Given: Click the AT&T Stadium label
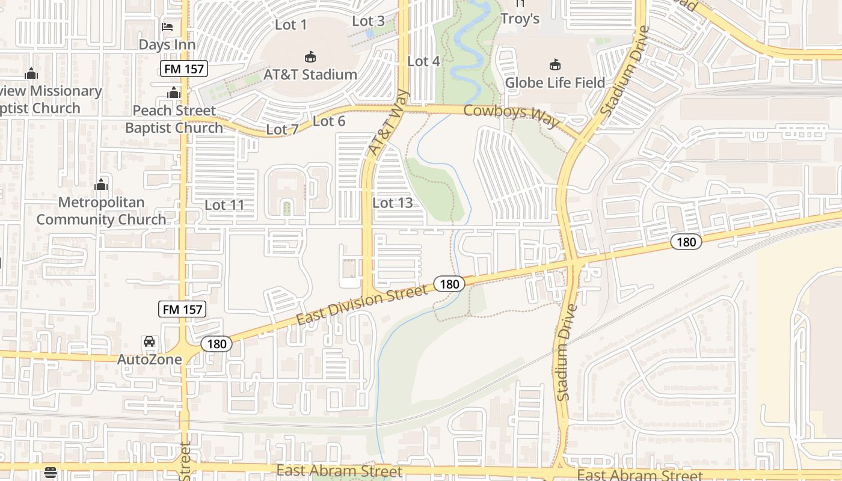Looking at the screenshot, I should (310, 75).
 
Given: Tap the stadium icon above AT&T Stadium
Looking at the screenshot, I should (310, 57).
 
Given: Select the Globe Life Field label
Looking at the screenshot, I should (555, 82).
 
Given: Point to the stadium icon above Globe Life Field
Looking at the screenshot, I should (555, 64).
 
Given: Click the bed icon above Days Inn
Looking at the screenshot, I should (167, 27).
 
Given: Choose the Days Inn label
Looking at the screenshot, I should (167, 44).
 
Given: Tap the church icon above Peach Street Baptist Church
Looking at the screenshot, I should (174, 93).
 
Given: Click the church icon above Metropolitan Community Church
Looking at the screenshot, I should (101, 184).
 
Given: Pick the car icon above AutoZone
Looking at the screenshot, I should (149, 342).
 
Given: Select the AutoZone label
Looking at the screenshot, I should (149, 360).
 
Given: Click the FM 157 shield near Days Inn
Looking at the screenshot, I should (185, 69).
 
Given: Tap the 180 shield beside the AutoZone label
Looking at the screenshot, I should (216, 344).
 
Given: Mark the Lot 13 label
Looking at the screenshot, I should (393, 203).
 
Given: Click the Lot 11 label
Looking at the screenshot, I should (224, 205).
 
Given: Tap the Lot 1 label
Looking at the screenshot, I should (290, 25).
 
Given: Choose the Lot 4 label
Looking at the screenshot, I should (423, 61).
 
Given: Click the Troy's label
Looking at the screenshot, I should (520, 19).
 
